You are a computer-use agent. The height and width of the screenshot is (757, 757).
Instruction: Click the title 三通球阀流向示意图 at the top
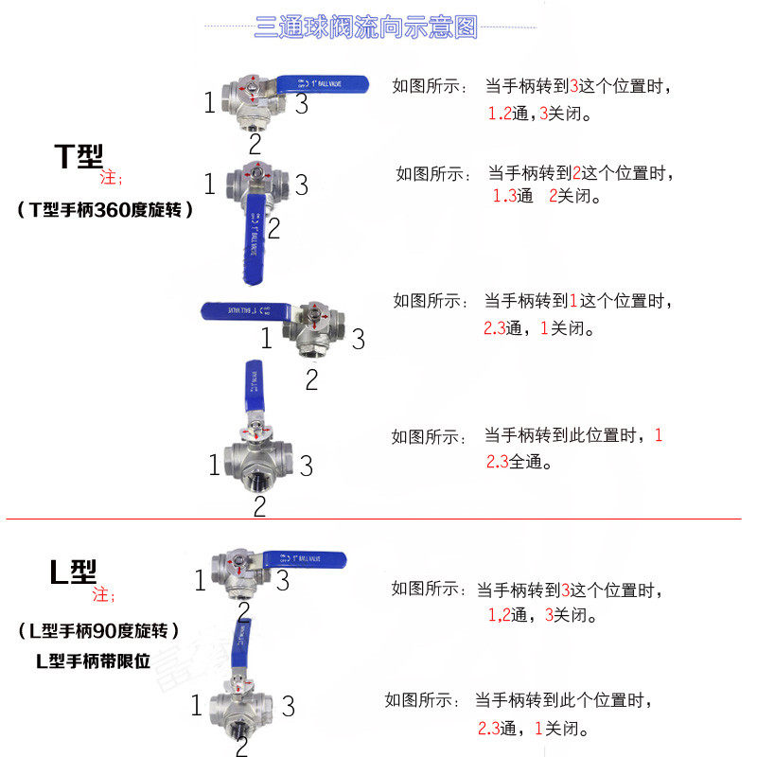click(x=366, y=27)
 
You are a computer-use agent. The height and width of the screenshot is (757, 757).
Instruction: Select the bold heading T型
click(x=78, y=156)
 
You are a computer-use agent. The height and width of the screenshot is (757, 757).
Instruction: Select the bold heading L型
click(x=73, y=572)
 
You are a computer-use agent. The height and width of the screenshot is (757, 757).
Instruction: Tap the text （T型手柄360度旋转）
click(x=105, y=210)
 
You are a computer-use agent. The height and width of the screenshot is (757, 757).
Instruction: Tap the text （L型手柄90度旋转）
click(x=98, y=630)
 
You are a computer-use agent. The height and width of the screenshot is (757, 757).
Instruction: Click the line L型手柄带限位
click(x=93, y=661)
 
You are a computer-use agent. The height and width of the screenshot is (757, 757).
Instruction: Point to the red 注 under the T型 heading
click(x=111, y=178)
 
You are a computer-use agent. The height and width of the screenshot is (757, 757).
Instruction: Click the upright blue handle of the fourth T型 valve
click(x=255, y=386)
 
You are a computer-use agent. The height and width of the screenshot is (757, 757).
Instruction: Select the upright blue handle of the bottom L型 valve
click(x=243, y=643)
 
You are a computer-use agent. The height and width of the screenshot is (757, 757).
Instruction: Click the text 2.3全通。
click(x=519, y=463)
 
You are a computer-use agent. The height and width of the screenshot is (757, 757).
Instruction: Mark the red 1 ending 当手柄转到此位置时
click(x=659, y=435)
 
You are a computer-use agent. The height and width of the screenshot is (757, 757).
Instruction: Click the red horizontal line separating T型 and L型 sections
click(x=374, y=519)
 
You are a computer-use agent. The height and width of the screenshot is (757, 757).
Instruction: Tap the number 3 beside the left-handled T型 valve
click(x=358, y=339)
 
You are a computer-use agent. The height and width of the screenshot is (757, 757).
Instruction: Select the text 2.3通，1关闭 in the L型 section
click(x=534, y=730)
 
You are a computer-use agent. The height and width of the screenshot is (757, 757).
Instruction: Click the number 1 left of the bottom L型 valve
click(x=197, y=706)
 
